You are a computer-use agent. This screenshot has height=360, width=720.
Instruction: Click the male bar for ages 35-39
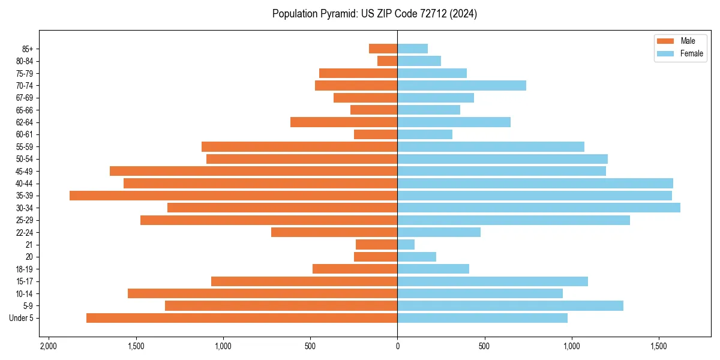(x=233, y=196)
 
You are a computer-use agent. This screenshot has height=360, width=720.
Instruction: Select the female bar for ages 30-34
(x=539, y=208)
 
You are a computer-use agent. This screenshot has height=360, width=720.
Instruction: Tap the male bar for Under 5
(x=242, y=318)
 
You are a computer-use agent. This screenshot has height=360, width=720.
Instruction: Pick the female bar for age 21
(x=406, y=244)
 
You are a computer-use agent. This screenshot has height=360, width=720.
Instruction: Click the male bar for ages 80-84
(x=388, y=61)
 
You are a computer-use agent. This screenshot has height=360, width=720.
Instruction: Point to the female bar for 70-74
(x=462, y=85)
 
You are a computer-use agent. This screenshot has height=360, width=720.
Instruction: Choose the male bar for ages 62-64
(x=344, y=122)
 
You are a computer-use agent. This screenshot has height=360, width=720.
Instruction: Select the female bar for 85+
(x=413, y=49)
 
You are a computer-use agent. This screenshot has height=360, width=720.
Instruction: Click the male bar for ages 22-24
(x=334, y=232)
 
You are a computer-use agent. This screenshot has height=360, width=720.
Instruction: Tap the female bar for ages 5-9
(x=511, y=305)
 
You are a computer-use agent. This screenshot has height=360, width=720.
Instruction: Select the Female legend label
(x=691, y=53)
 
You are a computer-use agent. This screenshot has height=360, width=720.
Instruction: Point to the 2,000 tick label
(x=48, y=347)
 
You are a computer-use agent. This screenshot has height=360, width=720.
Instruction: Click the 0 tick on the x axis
(x=397, y=347)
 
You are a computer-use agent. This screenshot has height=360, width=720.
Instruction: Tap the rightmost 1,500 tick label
(x=659, y=347)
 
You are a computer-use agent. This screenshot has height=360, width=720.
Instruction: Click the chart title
(x=374, y=14)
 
